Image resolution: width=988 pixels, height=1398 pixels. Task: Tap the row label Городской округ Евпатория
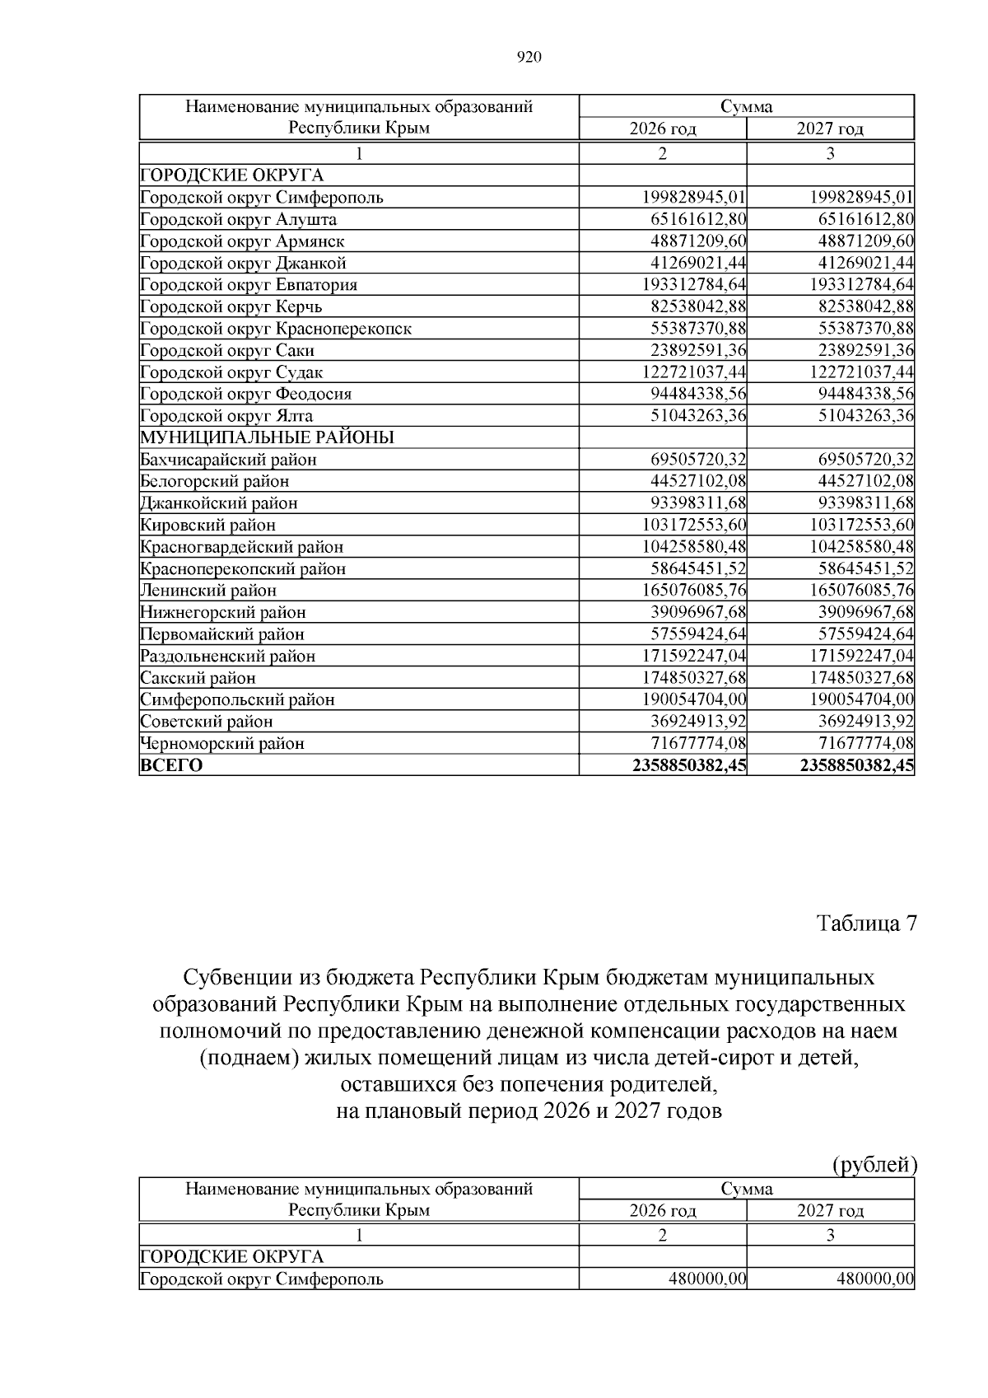[x=249, y=285]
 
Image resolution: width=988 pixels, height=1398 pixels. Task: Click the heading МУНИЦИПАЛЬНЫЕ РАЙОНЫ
[x=267, y=437]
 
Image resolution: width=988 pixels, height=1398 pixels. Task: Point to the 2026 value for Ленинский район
[x=694, y=590]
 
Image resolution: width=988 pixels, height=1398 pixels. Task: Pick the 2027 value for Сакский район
[x=862, y=677]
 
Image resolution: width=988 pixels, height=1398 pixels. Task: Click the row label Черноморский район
[x=222, y=743]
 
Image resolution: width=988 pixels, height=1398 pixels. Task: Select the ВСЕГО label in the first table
[x=171, y=765]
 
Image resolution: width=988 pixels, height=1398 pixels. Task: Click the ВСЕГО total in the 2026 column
[x=690, y=765]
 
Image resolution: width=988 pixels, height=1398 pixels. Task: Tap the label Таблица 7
[x=866, y=923]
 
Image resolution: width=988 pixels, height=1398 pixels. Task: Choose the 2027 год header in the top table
[x=830, y=129]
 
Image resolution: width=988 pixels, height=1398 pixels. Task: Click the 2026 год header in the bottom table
[x=663, y=1210]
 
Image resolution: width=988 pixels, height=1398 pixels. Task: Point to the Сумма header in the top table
[x=747, y=106]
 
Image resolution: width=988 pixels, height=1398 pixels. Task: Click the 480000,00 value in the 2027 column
[x=874, y=1279]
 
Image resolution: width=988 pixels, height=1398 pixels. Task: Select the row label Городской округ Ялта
[x=226, y=416]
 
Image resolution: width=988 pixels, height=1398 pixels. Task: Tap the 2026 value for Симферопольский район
[x=694, y=699]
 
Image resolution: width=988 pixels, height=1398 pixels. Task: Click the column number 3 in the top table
[x=830, y=153]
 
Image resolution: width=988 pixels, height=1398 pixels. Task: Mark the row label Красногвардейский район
[x=242, y=547]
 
